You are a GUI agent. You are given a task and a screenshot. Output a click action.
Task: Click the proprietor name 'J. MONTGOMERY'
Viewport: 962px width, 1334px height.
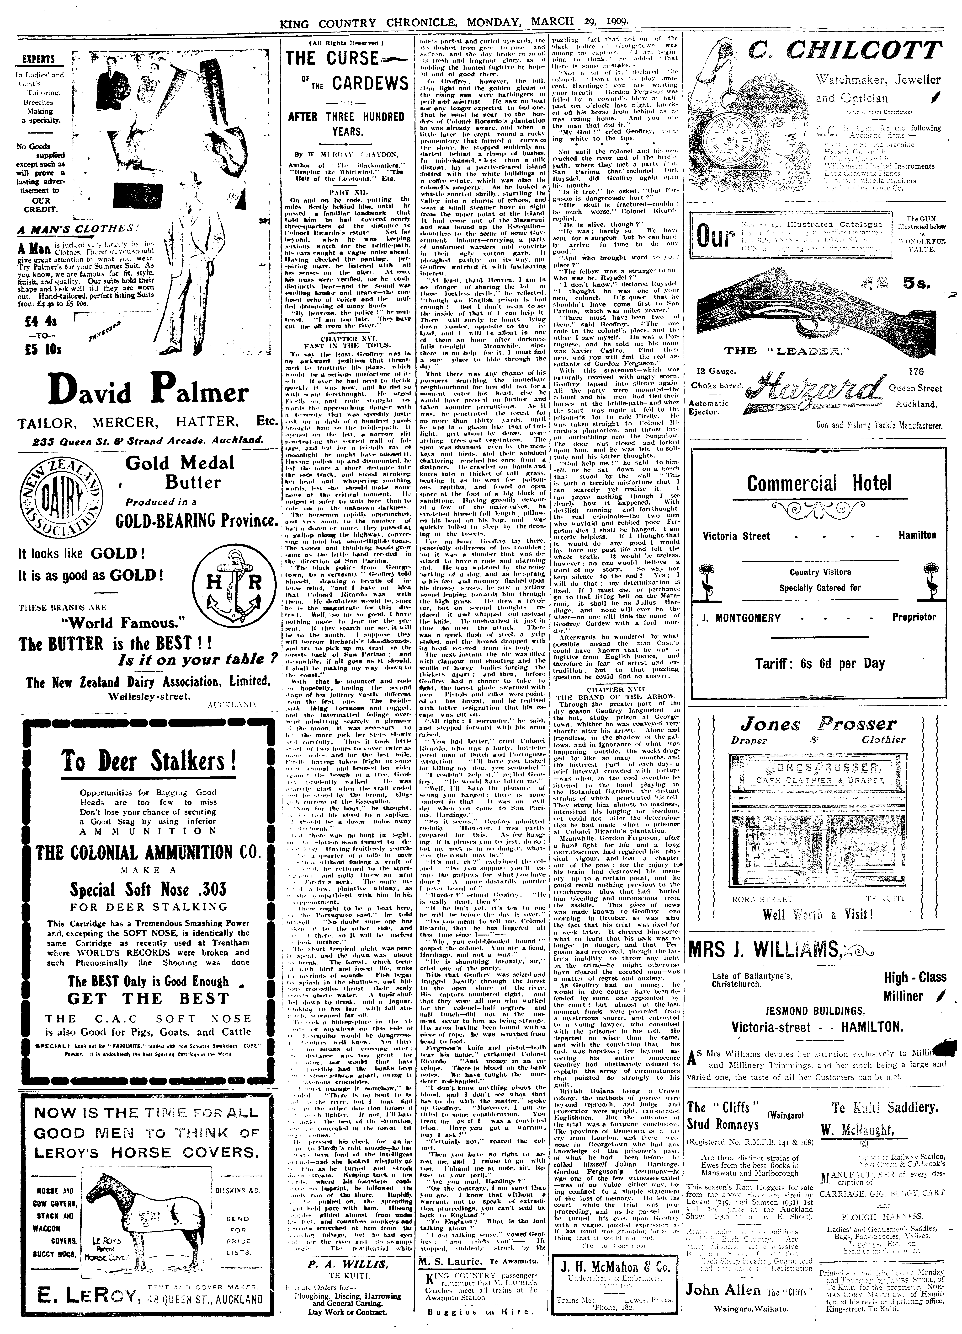tap(741, 618)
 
